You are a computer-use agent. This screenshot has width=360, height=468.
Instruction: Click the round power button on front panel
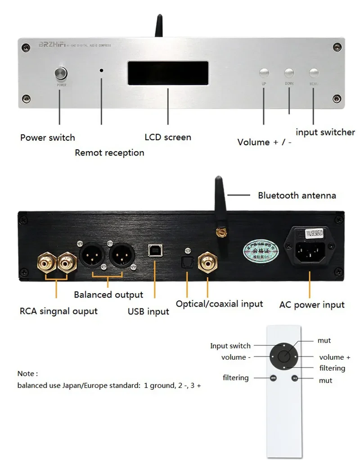(59, 74)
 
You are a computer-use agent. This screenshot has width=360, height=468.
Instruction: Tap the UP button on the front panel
(264, 73)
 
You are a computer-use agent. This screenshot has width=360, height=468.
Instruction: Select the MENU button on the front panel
(314, 73)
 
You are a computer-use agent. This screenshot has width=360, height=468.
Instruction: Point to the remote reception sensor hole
(102, 71)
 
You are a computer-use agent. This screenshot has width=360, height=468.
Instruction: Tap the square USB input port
(153, 254)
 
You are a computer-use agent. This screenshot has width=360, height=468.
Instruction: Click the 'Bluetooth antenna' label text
(297, 195)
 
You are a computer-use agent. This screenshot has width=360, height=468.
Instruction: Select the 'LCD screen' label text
(168, 137)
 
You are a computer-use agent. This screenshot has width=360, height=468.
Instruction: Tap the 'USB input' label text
(148, 311)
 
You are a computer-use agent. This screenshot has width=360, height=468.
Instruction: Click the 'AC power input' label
(312, 304)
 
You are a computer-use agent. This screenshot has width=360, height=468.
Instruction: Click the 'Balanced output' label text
(108, 294)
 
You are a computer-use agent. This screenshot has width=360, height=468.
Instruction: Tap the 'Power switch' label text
(48, 138)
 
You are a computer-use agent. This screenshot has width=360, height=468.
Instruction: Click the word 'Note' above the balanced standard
(26, 374)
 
